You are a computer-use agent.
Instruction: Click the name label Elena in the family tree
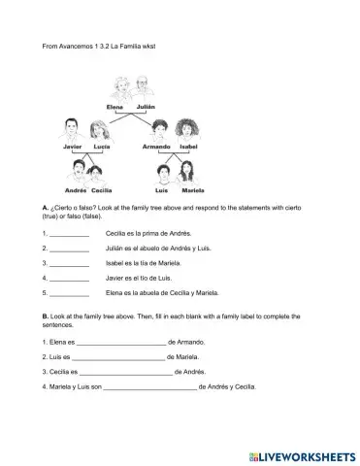115,106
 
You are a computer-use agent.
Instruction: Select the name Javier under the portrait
59,147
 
